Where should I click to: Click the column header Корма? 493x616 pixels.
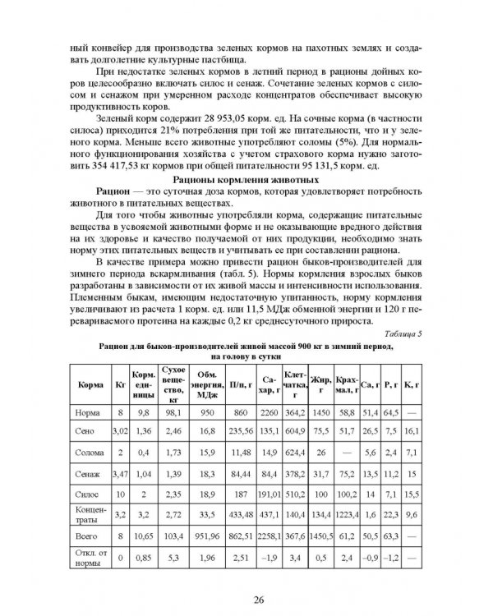click(x=89, y=384)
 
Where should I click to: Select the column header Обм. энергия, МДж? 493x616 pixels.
click(x=201, y=383)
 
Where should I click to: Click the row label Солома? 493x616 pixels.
click(x=89, y=451)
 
